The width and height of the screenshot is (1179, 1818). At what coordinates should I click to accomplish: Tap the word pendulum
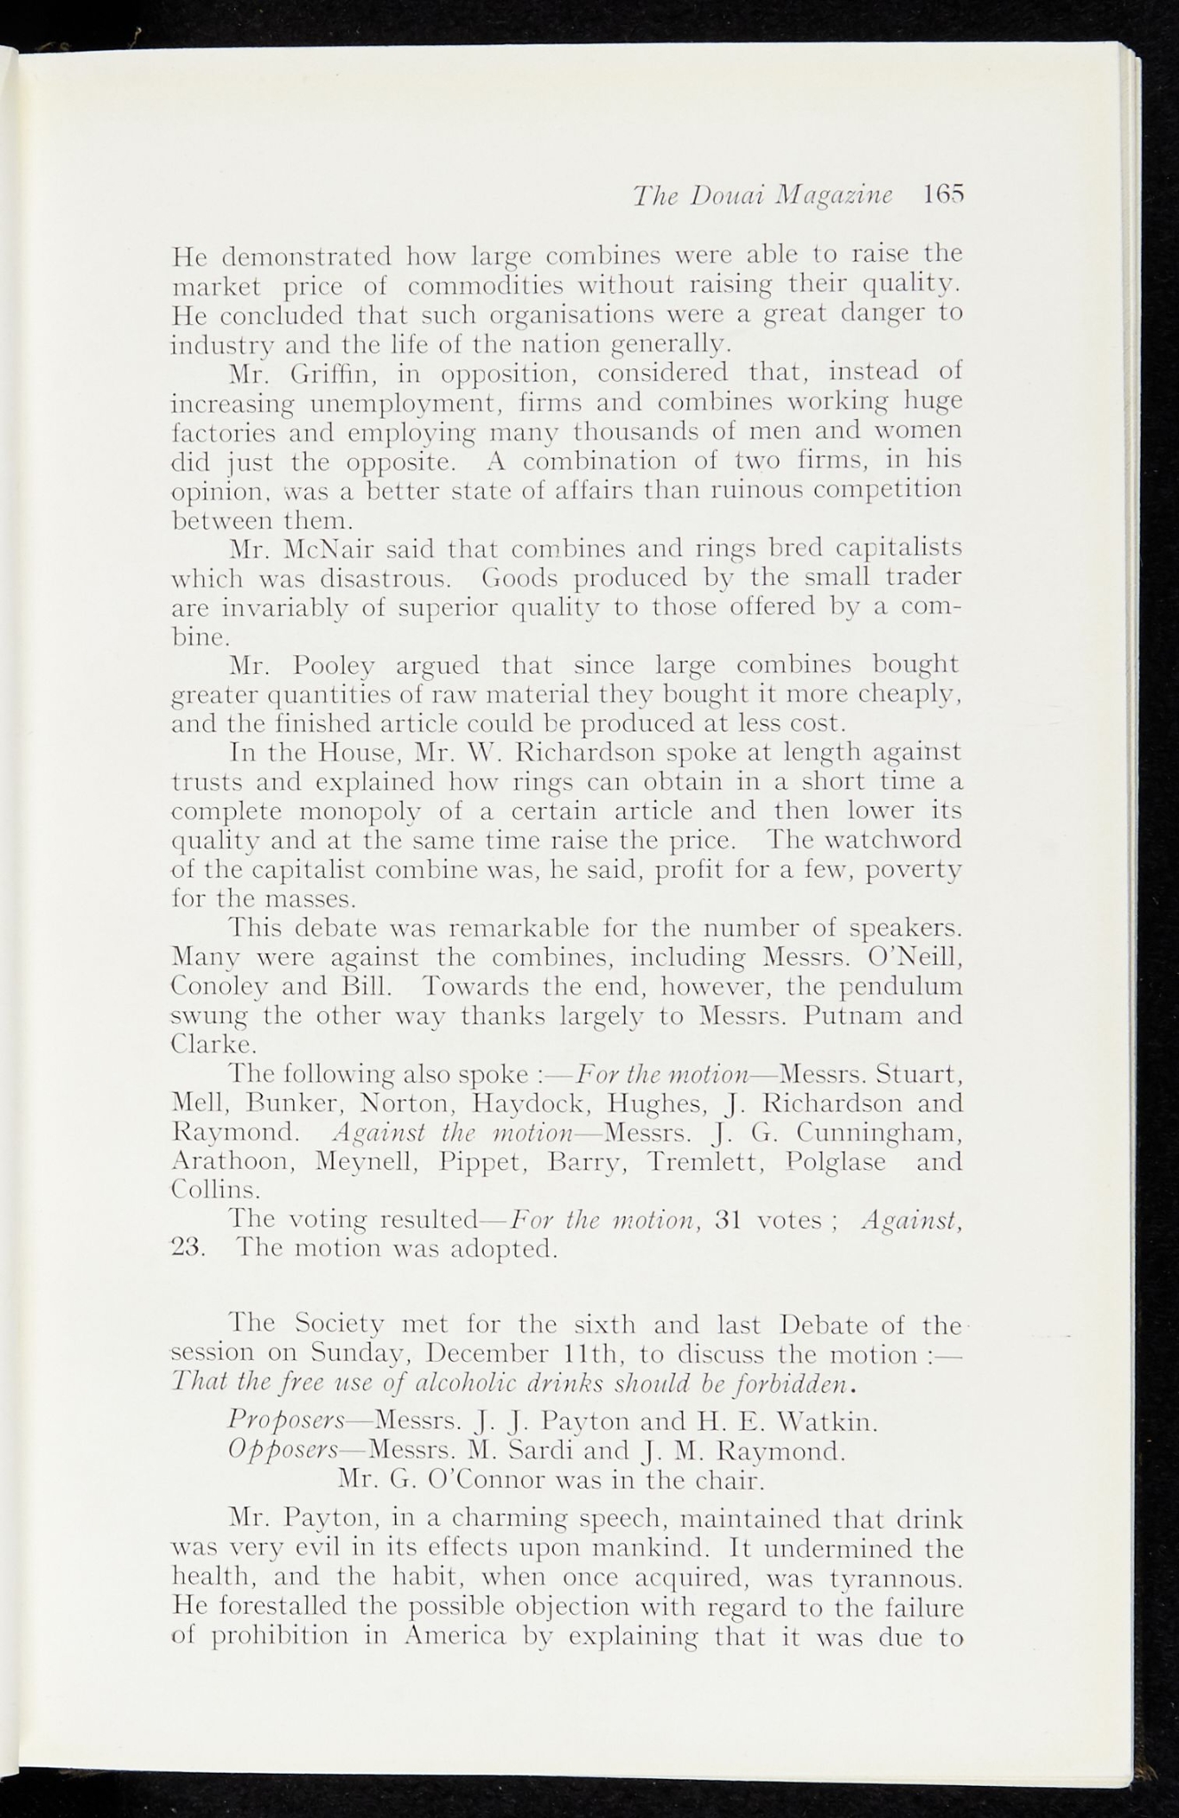(902, 986)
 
